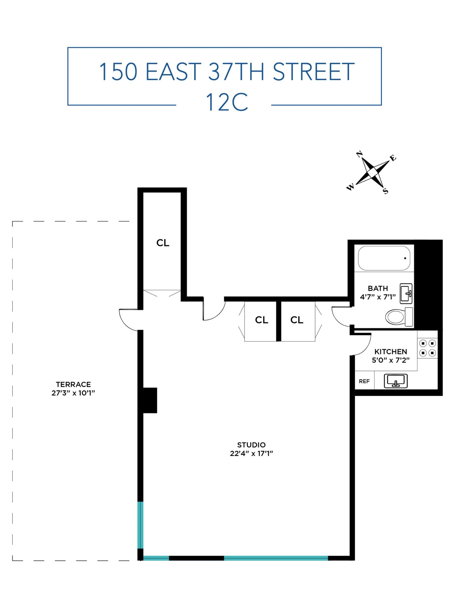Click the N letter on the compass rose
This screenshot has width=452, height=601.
tap(359, 154)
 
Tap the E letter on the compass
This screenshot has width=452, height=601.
tap(393, 158)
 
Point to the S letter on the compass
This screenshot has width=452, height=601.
tap(386, 191)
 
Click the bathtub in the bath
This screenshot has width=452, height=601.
tap(384, 258)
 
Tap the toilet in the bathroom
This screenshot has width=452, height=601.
tap(399, 317)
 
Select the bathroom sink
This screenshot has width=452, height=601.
tap(406, 294)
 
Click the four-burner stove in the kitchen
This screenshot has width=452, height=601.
tap(427, 348)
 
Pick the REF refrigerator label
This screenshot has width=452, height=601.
tap(364, 381)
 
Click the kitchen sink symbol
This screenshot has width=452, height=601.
tap(395, 381)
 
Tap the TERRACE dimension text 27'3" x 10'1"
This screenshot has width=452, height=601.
tap(73, 393)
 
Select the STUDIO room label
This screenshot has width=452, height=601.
tap(251, 445)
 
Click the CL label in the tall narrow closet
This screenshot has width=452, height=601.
tap(163, 243)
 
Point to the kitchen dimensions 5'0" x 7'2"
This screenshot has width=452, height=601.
tap(391, 360)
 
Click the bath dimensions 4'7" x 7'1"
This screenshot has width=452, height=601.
tap(378, 297)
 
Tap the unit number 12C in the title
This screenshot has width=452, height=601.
tap(227, 102)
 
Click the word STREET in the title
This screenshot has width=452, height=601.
tap(313, 72)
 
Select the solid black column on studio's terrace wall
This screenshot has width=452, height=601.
tap(150, 400)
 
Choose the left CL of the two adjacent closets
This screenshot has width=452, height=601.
tap(261, 320)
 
